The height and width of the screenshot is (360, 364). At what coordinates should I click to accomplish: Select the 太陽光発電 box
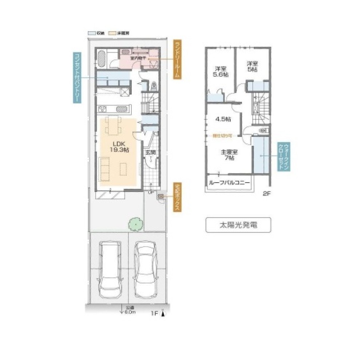[x=238, y=225]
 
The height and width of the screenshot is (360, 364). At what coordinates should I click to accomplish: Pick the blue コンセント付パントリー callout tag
[x=77, y=78]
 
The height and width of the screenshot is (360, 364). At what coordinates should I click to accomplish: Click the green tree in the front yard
[x=135, y=223]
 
